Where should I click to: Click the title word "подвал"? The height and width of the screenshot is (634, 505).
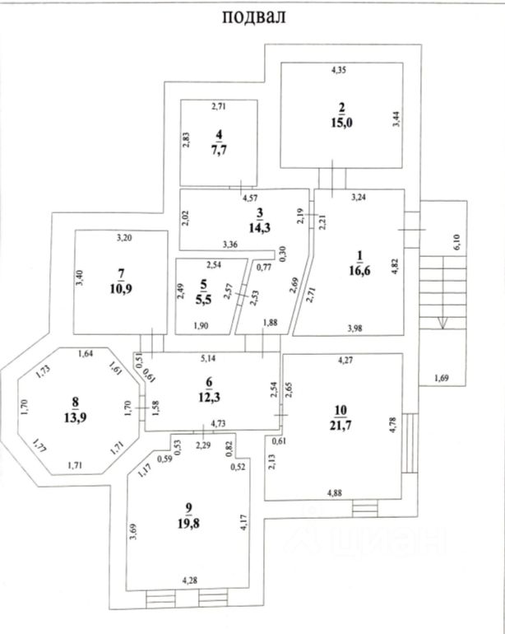click(253, 18)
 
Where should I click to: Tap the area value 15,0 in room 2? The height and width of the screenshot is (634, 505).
click(341, 124)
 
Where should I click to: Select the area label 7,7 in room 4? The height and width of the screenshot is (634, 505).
click(219, 149)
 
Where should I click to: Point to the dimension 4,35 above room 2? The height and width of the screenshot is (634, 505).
click(340, 72)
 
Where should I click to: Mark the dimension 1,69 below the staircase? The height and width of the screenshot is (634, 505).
click(442, 379)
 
